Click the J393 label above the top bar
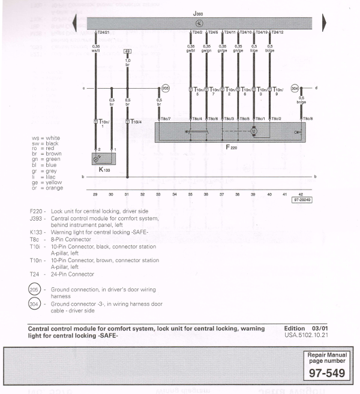click(198, 12)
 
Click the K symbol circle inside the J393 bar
click(199, 23)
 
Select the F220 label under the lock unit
click(231, 146)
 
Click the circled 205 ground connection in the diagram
click(166, 88)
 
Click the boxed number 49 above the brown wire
click(127, 52)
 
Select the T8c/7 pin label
click(165, 119)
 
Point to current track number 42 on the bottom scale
click(301, 194)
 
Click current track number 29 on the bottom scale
click(95, 194)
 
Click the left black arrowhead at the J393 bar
click(74, 23)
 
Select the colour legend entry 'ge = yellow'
click(47, 183)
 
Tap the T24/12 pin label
click(278, 32)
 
